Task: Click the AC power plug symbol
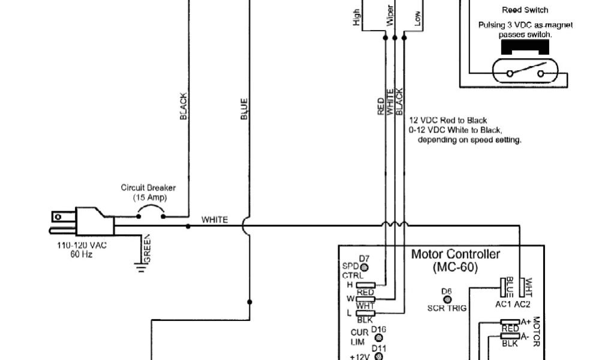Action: (84, 221)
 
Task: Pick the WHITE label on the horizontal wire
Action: (214, 220)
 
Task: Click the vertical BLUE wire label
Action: (244, 109)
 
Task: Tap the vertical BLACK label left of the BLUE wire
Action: (183, 106)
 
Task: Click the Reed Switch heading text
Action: (525, 10)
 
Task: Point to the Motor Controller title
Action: (455, 254)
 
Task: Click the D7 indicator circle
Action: (364, 266)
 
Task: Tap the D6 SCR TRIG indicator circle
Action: (447, 299)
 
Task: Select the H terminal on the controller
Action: (366, 284)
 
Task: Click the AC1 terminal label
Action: (502, 303)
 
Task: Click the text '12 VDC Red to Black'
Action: (448, 121)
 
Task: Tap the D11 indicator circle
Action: (378, 356)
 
